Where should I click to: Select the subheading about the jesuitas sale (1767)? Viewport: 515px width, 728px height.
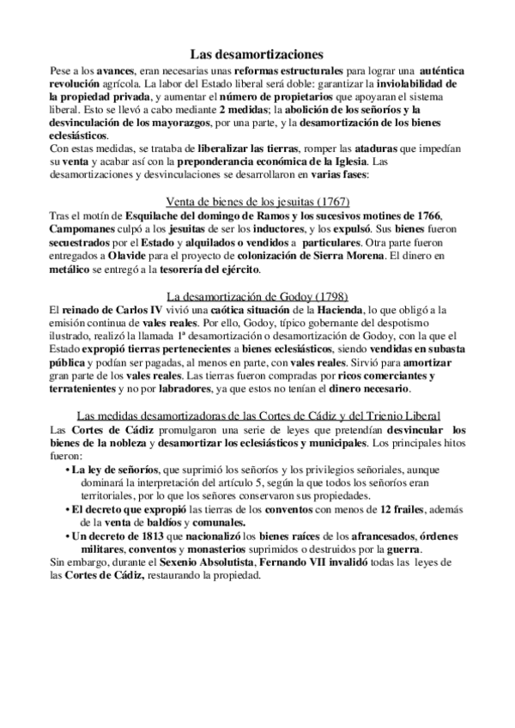click(x=257, y=202)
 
